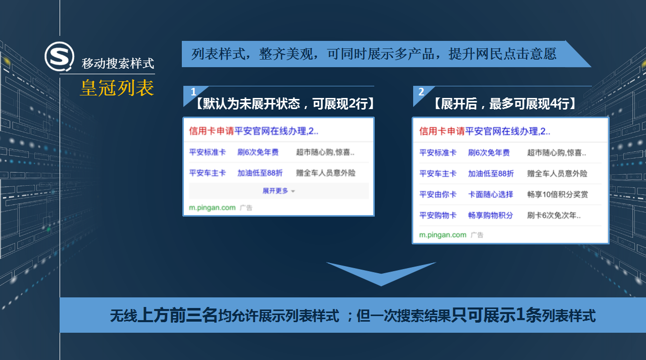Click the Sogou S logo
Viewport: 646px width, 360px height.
(60, 56)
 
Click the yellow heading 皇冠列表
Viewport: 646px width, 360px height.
(117, 88)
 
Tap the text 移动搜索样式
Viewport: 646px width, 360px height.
(118, 64)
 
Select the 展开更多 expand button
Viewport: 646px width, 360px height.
(279, 191)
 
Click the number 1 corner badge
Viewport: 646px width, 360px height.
(193, 92)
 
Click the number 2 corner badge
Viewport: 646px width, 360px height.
(421, 92)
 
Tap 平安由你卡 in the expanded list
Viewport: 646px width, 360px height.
(438, 194)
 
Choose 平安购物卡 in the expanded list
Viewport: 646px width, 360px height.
(438, 215)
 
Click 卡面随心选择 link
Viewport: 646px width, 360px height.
(490, 194)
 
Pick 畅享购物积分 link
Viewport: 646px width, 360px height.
(490, 215)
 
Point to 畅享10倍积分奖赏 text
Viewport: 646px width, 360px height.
(558, 194)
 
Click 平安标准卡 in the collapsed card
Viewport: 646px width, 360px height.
(208, 152)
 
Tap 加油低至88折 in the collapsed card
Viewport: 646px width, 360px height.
(260, 173)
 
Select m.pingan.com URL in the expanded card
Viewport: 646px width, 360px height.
(442, 235)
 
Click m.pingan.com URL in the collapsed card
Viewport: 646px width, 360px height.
(212, 208)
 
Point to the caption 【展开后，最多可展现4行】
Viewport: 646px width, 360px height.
(505, 104)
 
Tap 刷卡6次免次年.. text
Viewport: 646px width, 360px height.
(554, 215)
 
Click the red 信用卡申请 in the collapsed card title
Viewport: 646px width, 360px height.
(212, 131)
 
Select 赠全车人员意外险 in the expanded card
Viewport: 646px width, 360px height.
(557, 174)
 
